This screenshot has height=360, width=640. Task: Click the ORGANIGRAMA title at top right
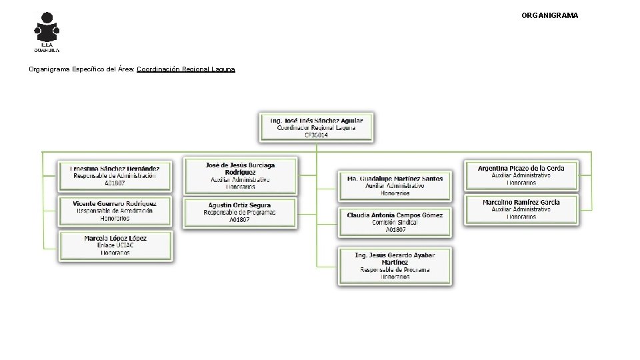tap(549, 15)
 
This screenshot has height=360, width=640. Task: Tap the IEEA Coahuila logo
tap(47, 31)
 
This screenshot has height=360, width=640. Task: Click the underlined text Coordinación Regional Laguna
tap(185, 69)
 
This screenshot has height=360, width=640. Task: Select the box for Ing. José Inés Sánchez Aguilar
tap(316, 127)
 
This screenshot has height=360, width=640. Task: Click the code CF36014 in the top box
tap(316, 135)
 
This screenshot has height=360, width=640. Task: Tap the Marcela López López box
tap(115, 245)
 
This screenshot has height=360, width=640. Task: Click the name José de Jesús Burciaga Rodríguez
tap(241, 168)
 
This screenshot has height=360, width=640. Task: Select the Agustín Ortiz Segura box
tap(240, 212)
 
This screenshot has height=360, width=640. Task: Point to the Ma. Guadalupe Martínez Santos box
tap(395, 186)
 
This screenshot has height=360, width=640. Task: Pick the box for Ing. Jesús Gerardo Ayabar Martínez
tap(395, 266)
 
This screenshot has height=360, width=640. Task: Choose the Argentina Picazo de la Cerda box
tap(521, 175)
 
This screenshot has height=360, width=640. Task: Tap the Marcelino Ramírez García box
tap(521, 209)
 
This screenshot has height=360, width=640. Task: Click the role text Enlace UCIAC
tap(115, 245)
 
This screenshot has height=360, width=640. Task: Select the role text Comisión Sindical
tap(395, 222)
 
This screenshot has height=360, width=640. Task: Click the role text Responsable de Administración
tap(115, 176)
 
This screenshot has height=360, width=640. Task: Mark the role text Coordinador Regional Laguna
tap(316, 127)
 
